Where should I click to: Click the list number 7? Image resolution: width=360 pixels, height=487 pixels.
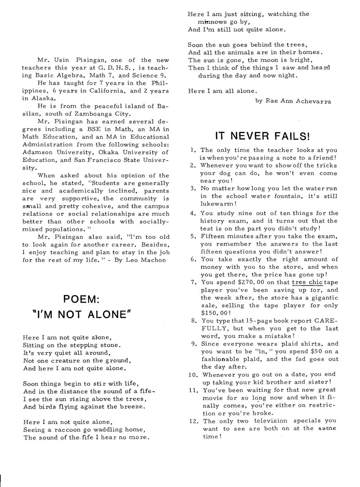coord(192,282)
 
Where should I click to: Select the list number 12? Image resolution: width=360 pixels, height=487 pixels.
coord(193,421)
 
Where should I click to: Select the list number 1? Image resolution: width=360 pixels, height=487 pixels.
coord(192,150)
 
